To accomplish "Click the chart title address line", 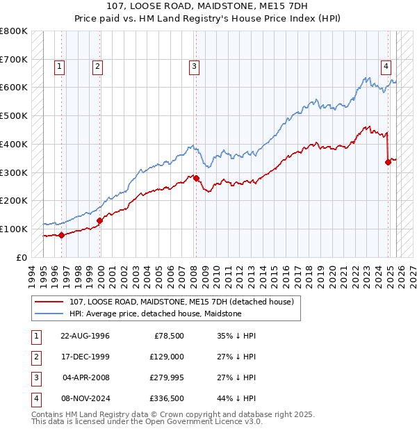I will (x=208, y=6).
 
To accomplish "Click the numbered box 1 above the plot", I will (x=60, y=67).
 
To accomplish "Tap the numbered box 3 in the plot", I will (x=194, y=67).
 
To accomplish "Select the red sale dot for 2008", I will (x=196, y=178).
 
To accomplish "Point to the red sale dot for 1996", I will (x=61, y=235).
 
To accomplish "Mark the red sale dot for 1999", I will (x=99, y=220).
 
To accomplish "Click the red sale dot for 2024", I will (x=388, y=162).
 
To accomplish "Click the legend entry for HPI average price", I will (x=155, y=314).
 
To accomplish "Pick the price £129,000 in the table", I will (x=167, y=357).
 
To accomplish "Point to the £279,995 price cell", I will (x=165, y=378).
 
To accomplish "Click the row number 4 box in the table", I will (x=35, y=399).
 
